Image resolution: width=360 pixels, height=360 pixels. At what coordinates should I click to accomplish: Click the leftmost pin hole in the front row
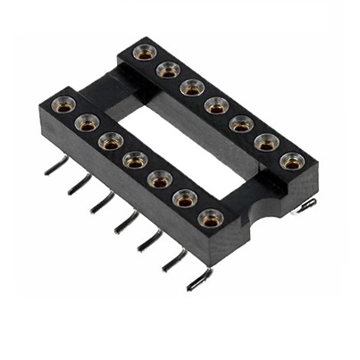point(63,105)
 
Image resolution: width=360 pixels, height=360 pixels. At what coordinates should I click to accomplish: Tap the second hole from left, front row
point(87,122)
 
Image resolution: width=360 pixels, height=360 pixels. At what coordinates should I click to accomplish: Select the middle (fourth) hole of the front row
point(135,159)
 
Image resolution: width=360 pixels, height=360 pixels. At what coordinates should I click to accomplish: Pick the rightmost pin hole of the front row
point(210,217)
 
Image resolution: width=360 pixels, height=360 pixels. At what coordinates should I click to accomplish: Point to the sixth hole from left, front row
point(185,197)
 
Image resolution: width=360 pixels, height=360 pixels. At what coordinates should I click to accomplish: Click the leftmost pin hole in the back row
point(144,54)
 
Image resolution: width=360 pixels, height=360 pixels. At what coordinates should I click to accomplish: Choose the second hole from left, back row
point(167,69)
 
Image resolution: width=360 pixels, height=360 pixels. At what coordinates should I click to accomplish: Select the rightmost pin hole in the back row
point(290,161)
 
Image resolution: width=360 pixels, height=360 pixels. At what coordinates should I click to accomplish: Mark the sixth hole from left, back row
point(265,142)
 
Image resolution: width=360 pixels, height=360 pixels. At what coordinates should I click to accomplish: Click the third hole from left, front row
point(111,140)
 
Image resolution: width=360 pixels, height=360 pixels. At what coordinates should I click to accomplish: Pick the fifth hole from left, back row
point(240,123)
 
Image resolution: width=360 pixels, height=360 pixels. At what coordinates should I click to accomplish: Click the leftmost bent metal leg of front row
point(54,166)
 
